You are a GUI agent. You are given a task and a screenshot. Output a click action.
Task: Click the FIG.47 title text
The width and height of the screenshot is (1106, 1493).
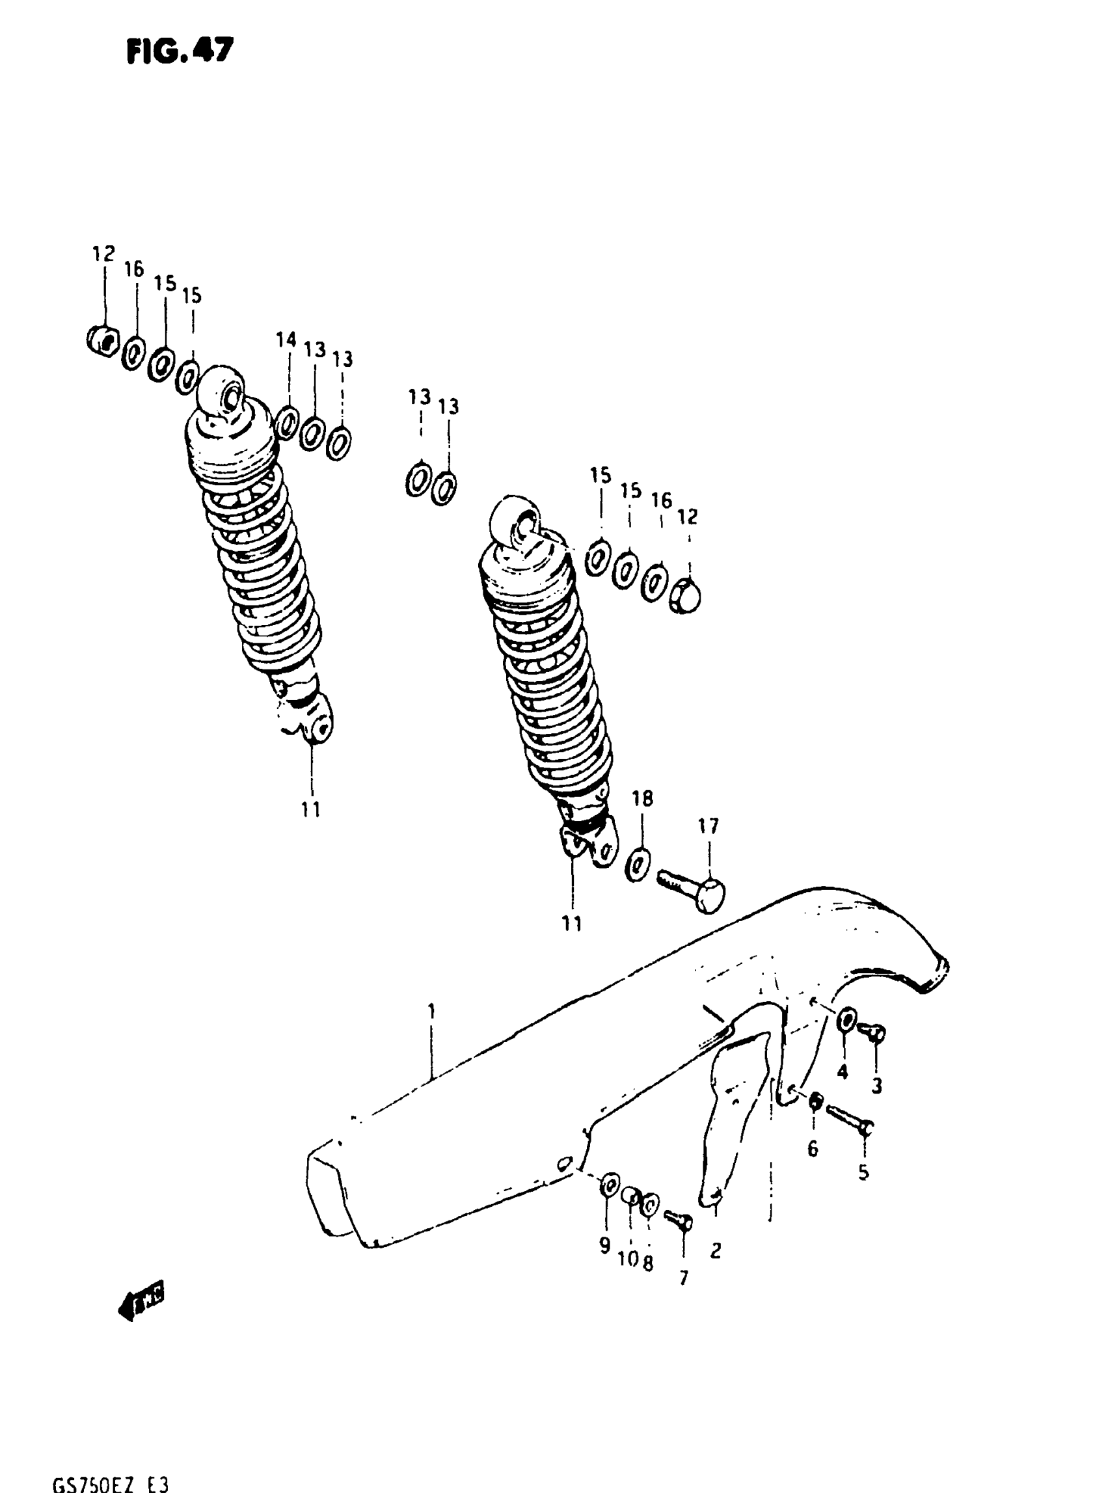point(180,51)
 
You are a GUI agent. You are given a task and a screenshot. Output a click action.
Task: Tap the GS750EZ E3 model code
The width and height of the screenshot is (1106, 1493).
point(111,1483)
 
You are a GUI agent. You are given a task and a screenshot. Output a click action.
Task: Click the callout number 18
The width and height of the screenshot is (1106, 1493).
point(642,798)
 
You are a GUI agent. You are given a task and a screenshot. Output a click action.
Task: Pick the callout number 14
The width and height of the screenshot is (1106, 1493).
point(286,340)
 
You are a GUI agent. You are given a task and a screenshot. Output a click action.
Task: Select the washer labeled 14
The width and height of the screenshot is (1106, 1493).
point(286,422)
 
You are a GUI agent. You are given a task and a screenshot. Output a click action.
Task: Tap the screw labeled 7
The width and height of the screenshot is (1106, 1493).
point(679,1220)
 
